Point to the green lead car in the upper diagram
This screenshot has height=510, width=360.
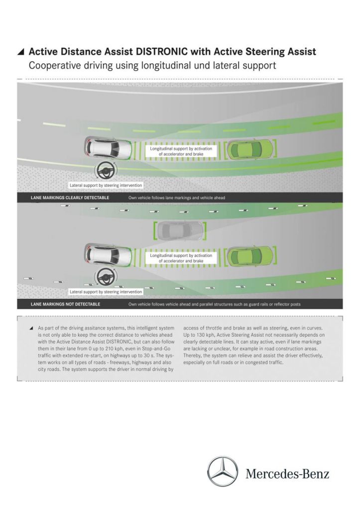coord(250,148)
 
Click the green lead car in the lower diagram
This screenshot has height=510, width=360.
coord(250,255)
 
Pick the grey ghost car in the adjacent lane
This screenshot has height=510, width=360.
coord(179,230)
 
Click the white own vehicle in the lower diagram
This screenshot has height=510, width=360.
coord(109,255)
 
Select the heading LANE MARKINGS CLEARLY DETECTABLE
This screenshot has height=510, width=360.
coord(70,198)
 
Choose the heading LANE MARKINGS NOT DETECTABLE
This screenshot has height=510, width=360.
coord(65,304)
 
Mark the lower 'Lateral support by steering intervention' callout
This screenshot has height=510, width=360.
coord(106,291)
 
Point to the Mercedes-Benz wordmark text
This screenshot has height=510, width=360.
coord(287,474)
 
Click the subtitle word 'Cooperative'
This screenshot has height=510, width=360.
coord(53,65)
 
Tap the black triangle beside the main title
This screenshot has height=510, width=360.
coord(20,52)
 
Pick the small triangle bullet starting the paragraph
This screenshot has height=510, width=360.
coord(31,329)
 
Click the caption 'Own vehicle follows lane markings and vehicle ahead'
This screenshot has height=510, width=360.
coord(177,198)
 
